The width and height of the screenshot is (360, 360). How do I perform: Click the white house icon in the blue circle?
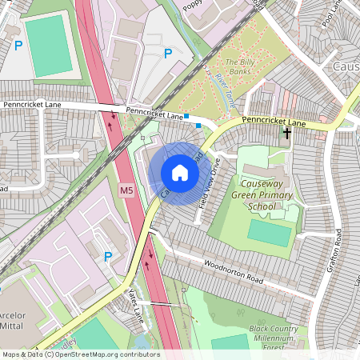[180, 173]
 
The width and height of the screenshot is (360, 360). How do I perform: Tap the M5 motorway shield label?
[126, 191]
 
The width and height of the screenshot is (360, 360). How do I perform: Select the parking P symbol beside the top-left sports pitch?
[18, 46]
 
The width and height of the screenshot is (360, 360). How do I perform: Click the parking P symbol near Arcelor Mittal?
[108, 256]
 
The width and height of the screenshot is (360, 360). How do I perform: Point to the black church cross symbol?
[286, 134]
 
